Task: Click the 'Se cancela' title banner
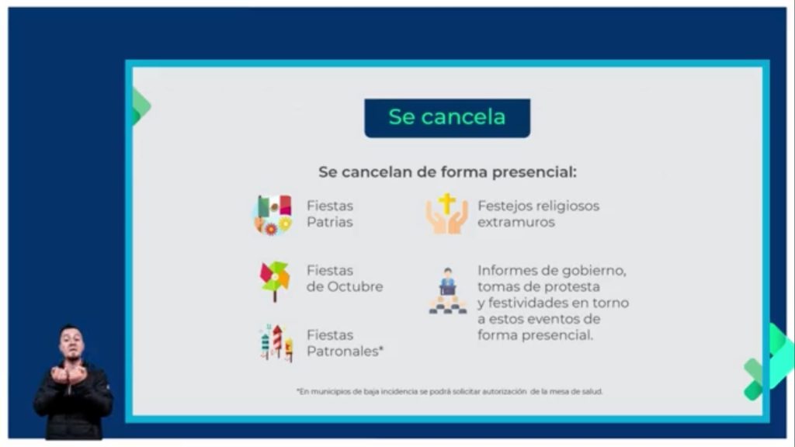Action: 447,118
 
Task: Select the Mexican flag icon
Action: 273,214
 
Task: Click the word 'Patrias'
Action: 329,222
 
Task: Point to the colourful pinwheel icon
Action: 274,281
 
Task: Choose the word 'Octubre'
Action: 355,286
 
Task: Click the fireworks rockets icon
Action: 276,342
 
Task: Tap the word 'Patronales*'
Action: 345,352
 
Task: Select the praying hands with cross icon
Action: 446,213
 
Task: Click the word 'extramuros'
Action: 516,222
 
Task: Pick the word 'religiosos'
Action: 568,206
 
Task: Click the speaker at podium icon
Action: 448,291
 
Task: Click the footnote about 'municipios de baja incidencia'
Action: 450,391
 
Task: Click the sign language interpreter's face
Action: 71,342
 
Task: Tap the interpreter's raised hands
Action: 69,374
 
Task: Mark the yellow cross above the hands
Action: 446,203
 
